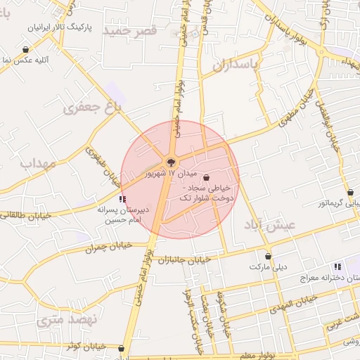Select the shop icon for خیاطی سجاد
pos(206,177)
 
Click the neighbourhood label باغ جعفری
pos(92,106)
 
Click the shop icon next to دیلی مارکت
pos(267,257)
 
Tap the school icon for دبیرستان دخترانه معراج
pos(338,267)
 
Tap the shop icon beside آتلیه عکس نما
pos(26,50)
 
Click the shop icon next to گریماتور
pos(350,192)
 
